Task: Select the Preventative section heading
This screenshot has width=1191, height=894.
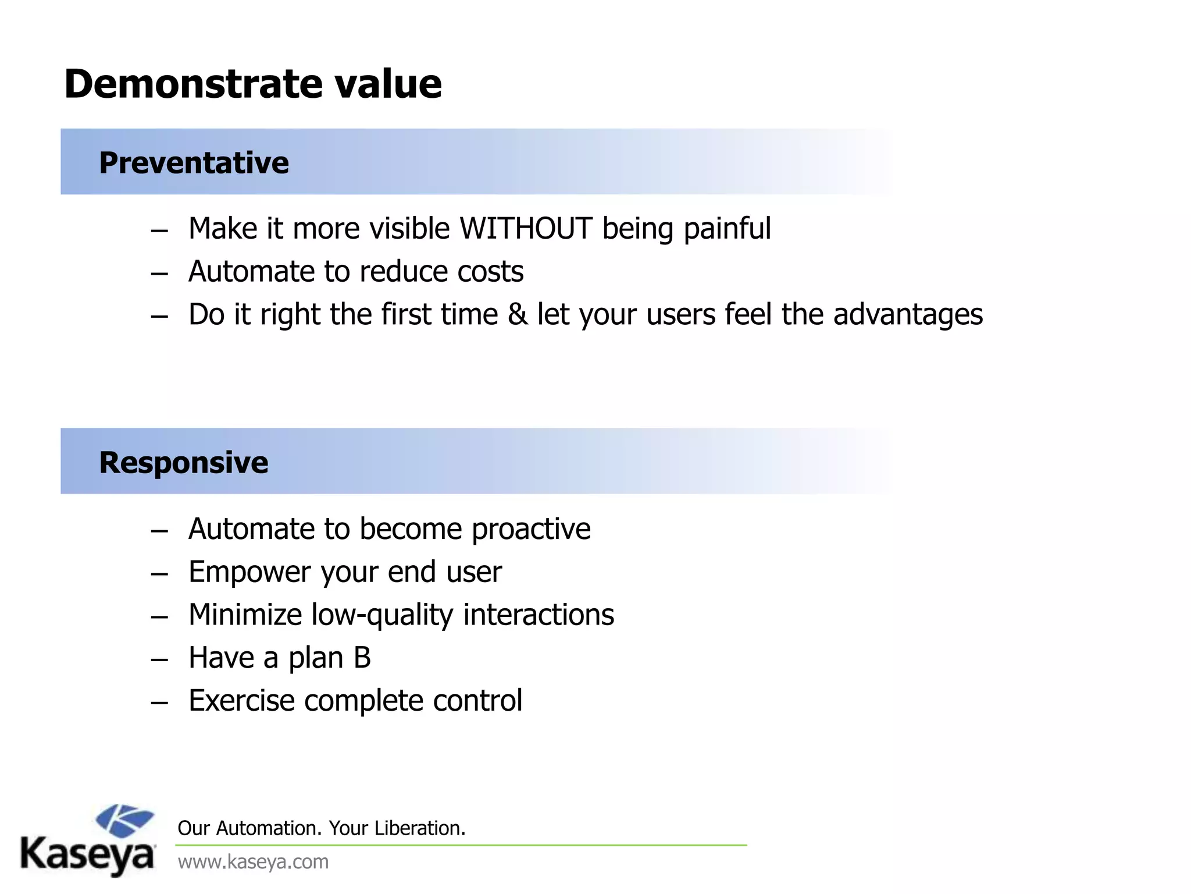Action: pos(194,162)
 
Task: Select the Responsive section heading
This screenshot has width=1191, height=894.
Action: pos(183,463)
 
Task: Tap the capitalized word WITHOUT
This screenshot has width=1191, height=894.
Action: pos(526,228)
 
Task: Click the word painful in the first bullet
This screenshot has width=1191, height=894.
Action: pos(727,228)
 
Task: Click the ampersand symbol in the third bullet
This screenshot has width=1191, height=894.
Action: pos(518,314)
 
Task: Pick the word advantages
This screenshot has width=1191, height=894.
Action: pos(908,315)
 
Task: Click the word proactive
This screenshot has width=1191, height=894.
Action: pos(531,529)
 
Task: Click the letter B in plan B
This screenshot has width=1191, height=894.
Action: pos(362,658)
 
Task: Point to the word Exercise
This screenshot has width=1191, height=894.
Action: pos(241,701)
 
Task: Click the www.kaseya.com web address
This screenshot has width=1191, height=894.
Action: pos(253,861)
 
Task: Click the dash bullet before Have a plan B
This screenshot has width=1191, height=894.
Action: pos(159,659)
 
